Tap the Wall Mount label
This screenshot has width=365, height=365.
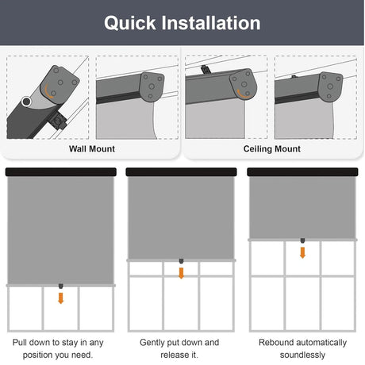[x=91, y=148]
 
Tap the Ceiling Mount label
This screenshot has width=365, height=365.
[x=273, y=148]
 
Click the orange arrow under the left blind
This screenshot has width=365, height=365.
[x=61, y=298]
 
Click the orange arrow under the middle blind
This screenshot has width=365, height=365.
[x=182, y=272]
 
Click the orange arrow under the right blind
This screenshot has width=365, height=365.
[x=302, y=252]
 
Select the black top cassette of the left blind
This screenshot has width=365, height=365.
[x=61, y=171]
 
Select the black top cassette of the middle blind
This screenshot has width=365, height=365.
[x=182, y=171]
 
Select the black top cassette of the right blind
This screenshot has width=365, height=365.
[x=302, y=171]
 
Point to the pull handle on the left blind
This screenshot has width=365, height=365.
[x=61, y=286]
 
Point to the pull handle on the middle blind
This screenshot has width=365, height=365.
[x=182, y=261]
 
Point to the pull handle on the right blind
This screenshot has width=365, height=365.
[x=302, y=240]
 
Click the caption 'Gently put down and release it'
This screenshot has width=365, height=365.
[x=179, y=348]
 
